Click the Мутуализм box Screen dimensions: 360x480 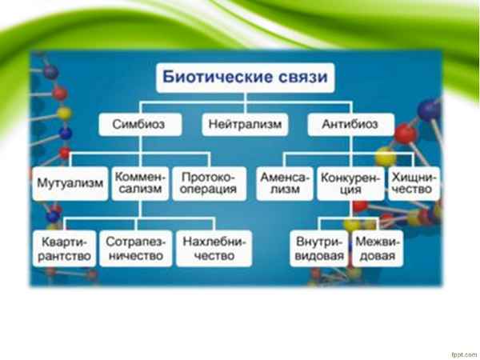click(70, 182)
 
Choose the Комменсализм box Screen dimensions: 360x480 click(140, 182)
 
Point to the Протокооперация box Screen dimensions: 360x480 click(208, 182)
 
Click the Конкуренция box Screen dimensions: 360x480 click(351, 182)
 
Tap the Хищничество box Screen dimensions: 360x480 click(414, 182)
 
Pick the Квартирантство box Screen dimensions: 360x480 click(66, 248)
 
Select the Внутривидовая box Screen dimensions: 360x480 click(318, 248)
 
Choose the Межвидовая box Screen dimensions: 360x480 click(378, 248)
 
